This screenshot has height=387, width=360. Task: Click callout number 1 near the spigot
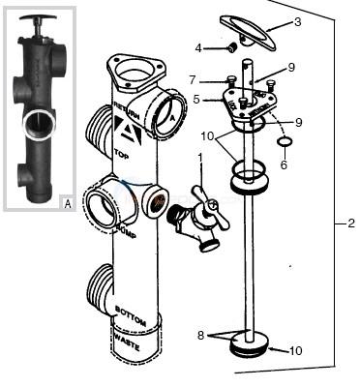tap(200, 158)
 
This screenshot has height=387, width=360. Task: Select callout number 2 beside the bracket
tap(350, 223)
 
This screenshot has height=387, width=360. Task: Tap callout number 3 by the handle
tap(297, 20)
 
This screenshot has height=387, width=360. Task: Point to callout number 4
tap(197, 46)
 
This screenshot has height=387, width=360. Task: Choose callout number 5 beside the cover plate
tap(196, 98)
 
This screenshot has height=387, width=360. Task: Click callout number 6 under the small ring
tap(284, 164)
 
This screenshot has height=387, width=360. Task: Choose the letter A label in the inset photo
tap(67, 203)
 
